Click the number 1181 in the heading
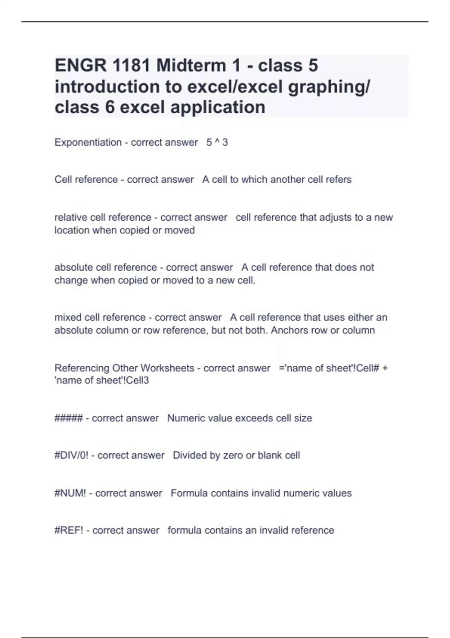[x=132, y=65]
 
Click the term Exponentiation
[x=88, y=142]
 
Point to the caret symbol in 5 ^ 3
[x=217, y=141]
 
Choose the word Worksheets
[x=167, y=368]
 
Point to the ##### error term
[x=69, y=418]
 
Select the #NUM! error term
[x=70, y=493]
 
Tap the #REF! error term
[x=69, y=530]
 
